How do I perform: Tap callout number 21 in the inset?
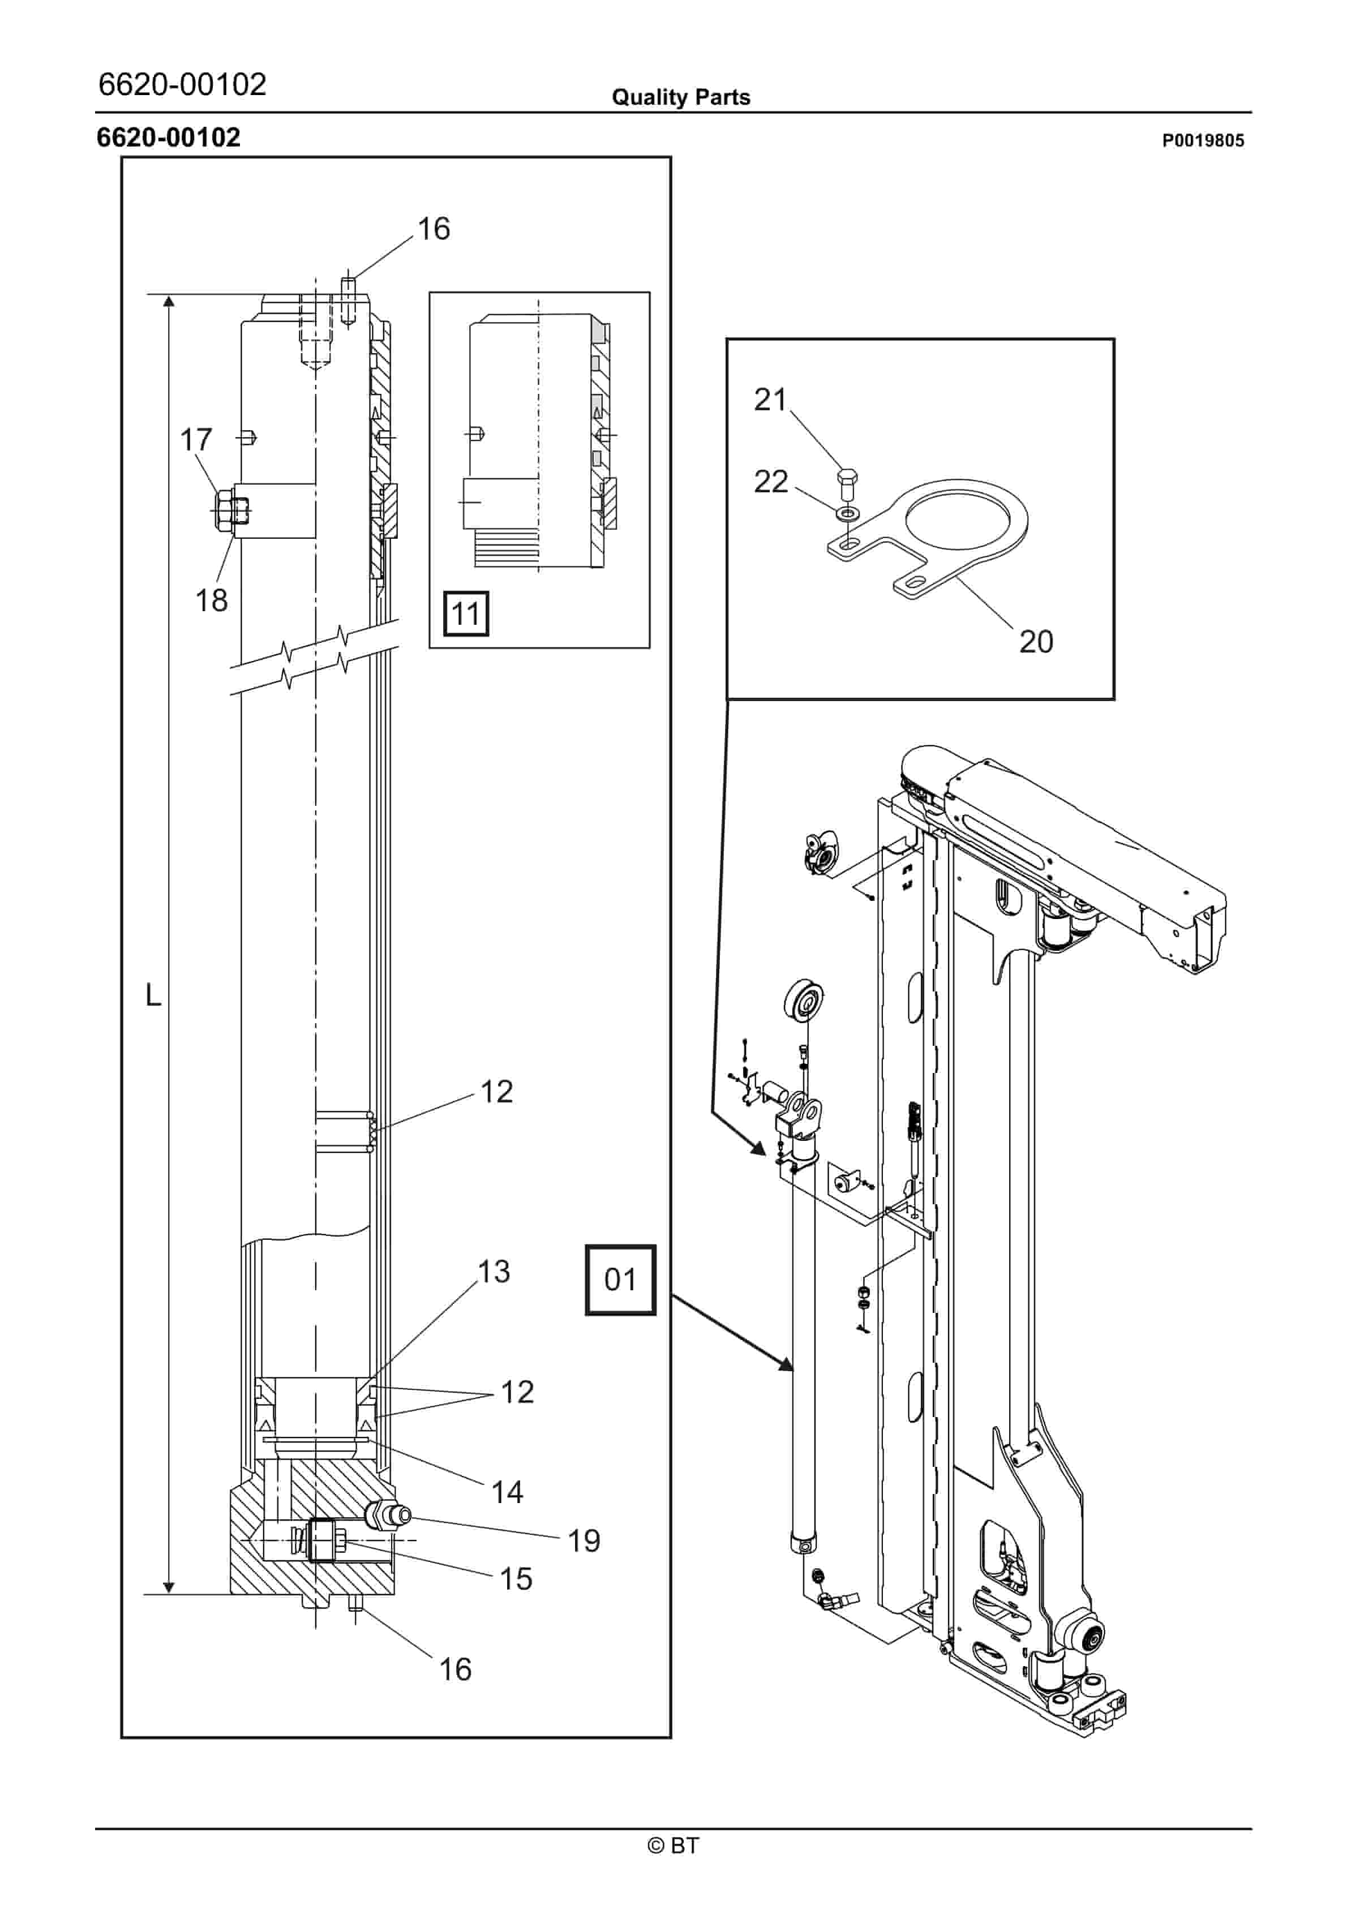770,400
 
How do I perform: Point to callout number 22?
770,482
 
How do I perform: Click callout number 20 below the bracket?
1036,642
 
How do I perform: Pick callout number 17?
196,440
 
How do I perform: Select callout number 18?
211,600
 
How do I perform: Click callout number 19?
584,1541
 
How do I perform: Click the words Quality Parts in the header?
680,97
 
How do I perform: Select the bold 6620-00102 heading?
169,137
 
